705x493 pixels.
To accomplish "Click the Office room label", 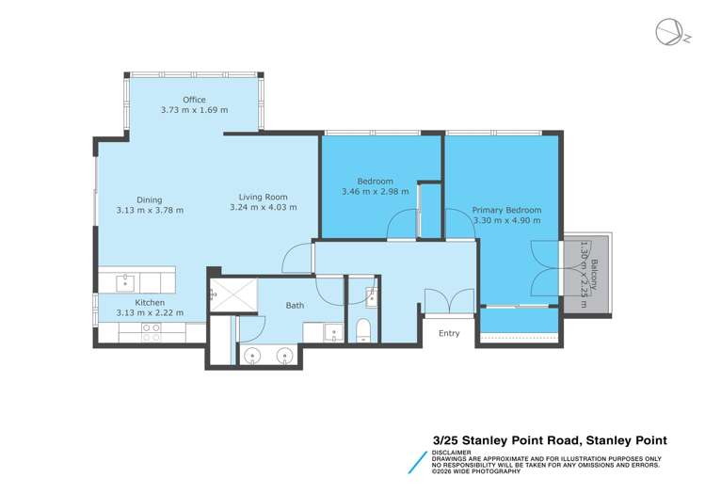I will click(194, 100).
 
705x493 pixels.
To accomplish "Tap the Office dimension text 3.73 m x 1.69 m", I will click(194, 110).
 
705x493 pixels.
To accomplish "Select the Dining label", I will click(149, 199).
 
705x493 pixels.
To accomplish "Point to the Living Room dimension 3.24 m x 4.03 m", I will click(263, 208).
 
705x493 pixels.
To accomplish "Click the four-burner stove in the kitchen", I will click(150, 331).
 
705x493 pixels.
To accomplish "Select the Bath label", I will click(295, 305).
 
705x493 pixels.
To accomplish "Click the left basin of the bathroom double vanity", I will click(253, 356).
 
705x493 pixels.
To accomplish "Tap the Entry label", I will click(449, 333).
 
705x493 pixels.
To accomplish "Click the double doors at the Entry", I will click(449, 301).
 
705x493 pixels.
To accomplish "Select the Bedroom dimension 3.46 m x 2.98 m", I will click(375, 191).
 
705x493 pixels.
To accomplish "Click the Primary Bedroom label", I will click(506, 210).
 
